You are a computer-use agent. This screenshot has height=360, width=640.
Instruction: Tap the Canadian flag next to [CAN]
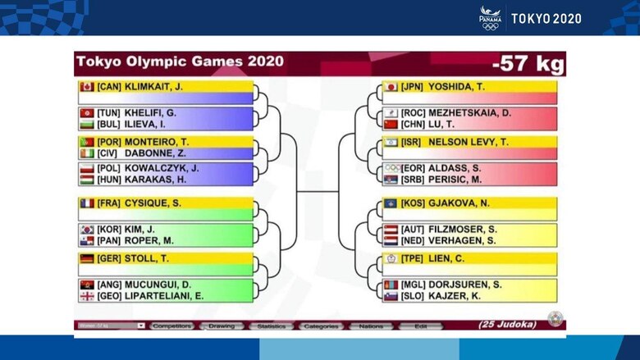tap(86, 86)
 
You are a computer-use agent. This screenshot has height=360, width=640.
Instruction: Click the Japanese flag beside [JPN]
tap(391, 86)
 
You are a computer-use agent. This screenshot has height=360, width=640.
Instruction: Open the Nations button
tap(371, 326)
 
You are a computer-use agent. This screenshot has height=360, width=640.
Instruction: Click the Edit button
tap(420, 326)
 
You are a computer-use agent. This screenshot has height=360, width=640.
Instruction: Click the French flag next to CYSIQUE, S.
tap(86, 203)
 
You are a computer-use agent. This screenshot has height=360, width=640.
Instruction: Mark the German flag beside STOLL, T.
tap(86, 257)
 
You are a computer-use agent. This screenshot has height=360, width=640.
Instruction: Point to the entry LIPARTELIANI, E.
tap(165, 296)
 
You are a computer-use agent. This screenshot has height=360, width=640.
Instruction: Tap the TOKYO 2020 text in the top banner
tap(546, 18)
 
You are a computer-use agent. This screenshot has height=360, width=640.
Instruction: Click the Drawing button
tap(222, 326)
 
